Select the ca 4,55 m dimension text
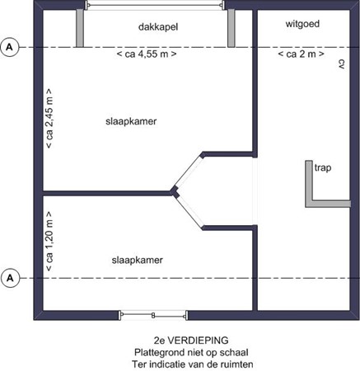coord(147,55)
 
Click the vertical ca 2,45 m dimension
coord(49,119)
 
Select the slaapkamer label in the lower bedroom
coord(137,261)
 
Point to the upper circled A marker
coord(10,47)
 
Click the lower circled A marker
coord(10,278)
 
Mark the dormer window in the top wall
coord(155,7)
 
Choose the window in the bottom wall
coord(153,314)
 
